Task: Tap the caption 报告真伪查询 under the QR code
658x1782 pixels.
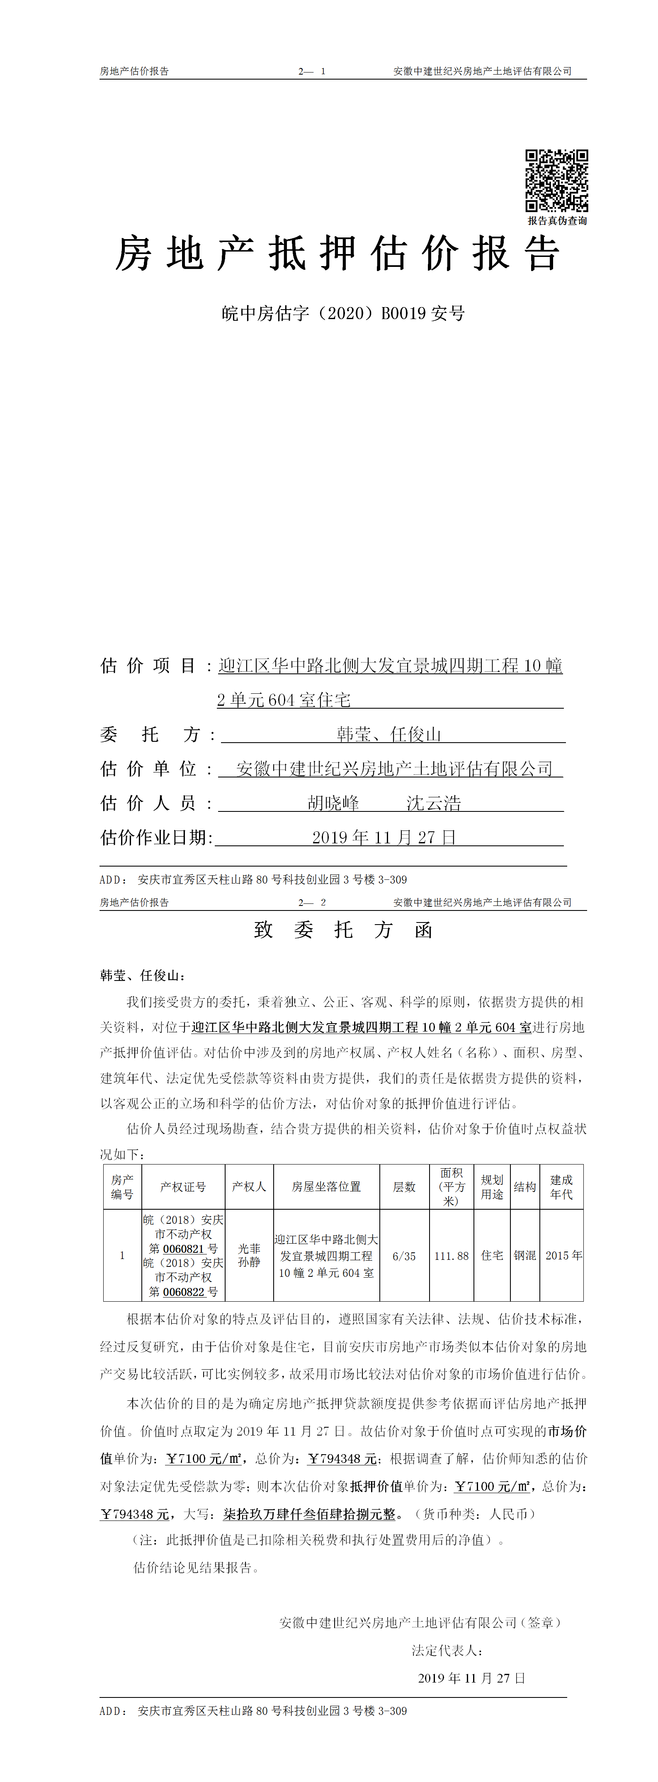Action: tap(557, 220)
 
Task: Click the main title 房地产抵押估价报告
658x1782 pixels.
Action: tap(337, 253)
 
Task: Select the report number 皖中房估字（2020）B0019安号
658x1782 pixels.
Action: tap(343, 313)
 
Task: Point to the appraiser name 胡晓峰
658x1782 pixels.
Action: tap(333, 803)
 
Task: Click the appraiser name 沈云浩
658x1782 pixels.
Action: tap(434, 803)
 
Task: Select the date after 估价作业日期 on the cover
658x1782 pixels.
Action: tap(384, 838)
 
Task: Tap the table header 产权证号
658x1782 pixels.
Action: tap(183, 1187)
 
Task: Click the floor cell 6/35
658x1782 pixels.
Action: tap(404, 1256)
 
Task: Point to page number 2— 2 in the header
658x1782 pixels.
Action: tap(312, 902)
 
